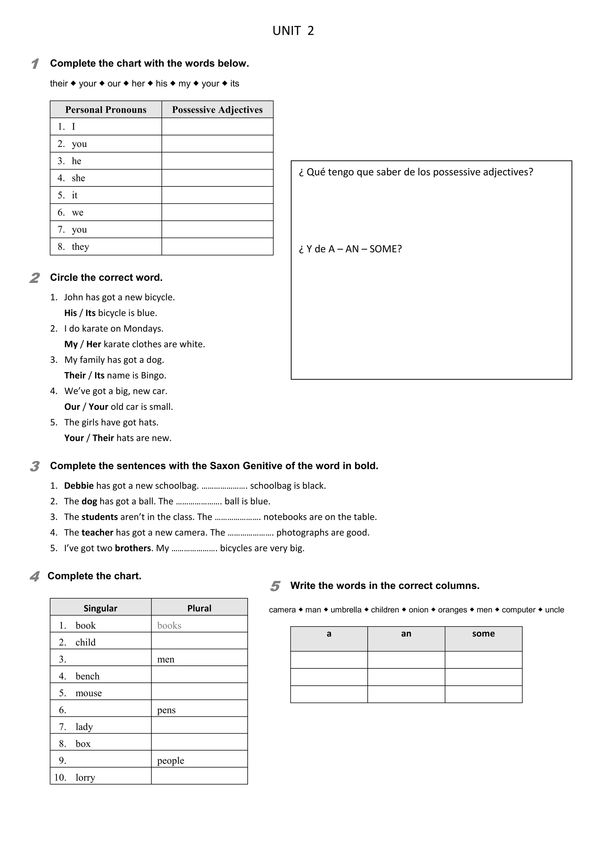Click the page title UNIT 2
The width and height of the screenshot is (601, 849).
click(293, 31)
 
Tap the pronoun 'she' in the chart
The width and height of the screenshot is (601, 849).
click(78, 178)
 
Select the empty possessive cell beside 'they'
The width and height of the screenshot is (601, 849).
click(217, 246)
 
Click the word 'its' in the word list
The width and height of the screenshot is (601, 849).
click(235, 84)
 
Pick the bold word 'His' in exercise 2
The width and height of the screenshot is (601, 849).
click(70, 313)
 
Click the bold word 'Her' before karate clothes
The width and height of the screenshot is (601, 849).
click(94, 344)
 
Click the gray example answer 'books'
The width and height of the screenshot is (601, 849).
click(169, 625)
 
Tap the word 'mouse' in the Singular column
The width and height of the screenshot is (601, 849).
click(88, 693)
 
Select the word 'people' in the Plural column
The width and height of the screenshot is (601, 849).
click(170, 761)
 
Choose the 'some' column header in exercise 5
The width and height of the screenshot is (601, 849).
click(483, 634)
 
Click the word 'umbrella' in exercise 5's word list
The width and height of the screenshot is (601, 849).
click(346, 610)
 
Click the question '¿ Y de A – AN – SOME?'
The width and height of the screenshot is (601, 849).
click(350, 249)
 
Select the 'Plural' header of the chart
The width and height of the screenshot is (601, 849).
click(199, 608)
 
